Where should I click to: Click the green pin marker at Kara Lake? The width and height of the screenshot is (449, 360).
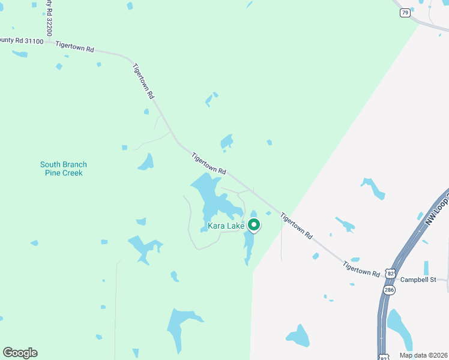click(x=253, y=224)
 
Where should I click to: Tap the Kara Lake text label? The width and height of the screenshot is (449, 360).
click(x=226, y=226)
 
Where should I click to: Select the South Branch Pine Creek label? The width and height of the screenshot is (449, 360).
click(x=64, y=169)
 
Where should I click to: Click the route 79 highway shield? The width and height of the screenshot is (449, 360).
click(x=405, y=13)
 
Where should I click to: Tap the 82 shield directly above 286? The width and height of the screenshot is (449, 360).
click(x=391, y=273)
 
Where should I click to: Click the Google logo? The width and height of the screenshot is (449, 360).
click(x=20, y=353)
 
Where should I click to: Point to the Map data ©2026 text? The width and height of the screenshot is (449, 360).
click(x=423, y=355)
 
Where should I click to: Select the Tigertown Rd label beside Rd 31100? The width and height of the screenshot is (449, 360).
click(x=75, y=46)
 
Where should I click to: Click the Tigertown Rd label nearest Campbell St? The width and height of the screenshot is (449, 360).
click(x=361, y=268)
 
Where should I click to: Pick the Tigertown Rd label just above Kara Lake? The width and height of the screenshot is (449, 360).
click(x=209, y=163)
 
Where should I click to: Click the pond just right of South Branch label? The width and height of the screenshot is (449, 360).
click(x=146, y=162)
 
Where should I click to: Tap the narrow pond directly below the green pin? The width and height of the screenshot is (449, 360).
click(x=249, y=247)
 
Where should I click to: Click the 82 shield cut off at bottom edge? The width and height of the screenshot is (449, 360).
click(x=384, y=357)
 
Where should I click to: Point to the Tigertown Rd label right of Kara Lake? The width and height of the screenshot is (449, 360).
click(x=297, y=227)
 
